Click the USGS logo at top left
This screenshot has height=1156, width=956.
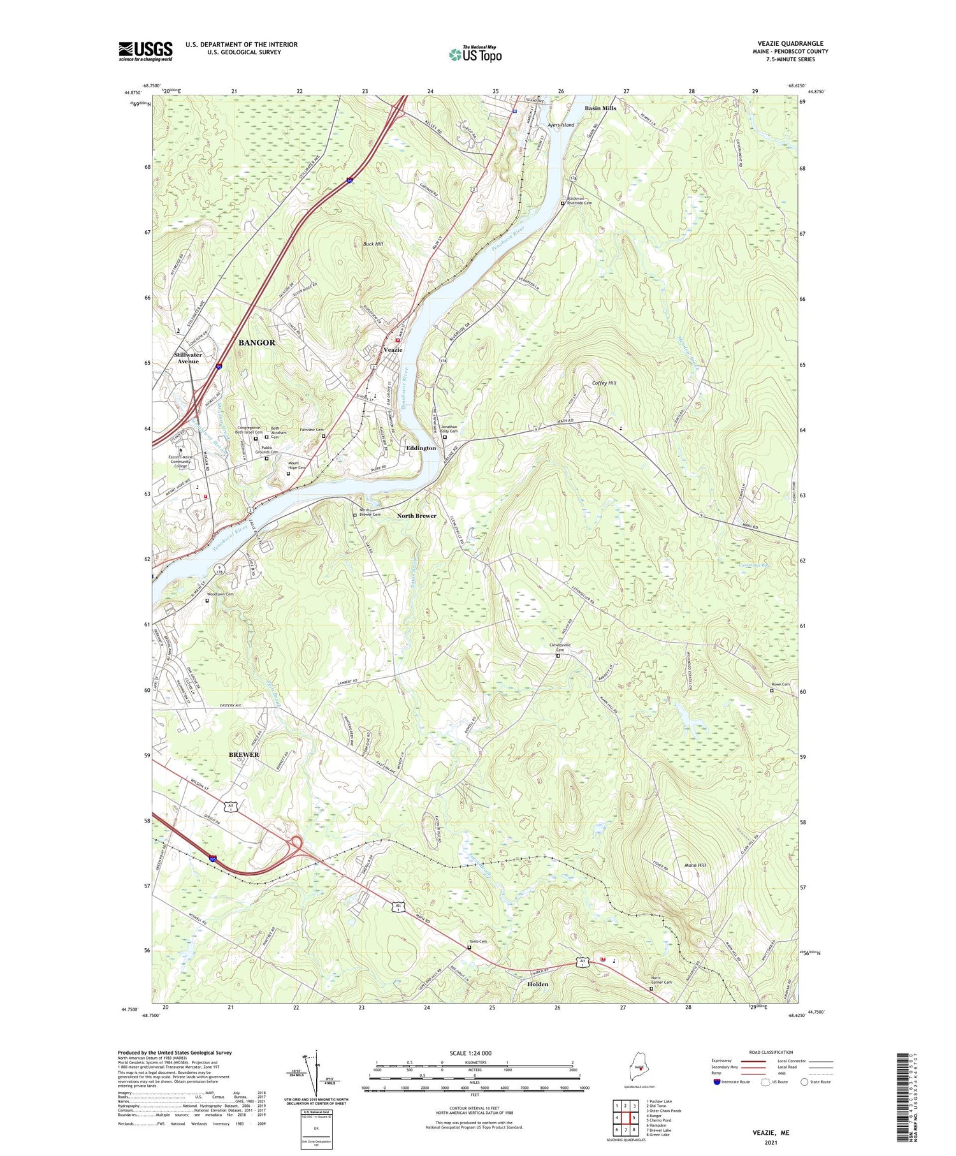[x=145, y=50]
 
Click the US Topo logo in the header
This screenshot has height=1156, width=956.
[x=475, y=54]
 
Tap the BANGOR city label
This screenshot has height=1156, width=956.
[x=257, y=342]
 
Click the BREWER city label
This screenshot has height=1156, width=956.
[x=243, y=754]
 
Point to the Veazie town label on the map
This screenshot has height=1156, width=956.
[x=393, y=350]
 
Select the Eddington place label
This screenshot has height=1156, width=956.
[x=421, y=448]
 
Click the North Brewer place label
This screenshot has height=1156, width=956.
[x=417, y=515]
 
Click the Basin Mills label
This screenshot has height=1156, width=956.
[x=600, y=108]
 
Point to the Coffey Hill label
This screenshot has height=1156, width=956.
[x=604, y=383]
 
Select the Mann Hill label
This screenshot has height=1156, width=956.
[x=695, y=865]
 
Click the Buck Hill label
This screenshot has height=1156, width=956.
[x=373, y=244]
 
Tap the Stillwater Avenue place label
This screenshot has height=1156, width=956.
[x=188, y=358]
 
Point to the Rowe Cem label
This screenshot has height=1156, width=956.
[x=780, y=684]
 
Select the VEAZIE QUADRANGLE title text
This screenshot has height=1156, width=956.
[x=790, y=43]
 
